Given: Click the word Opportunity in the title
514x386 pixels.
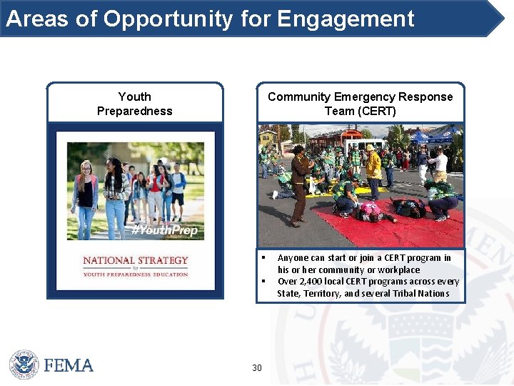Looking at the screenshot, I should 168,19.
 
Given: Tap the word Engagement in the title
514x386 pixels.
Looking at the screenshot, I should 346,19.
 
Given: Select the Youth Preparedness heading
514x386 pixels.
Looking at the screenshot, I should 134,104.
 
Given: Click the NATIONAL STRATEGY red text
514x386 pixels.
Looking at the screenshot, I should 135,261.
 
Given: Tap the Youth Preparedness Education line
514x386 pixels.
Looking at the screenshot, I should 135,274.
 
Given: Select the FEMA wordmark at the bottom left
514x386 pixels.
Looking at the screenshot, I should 69,365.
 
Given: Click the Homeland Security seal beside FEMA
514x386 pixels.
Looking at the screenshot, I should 24,365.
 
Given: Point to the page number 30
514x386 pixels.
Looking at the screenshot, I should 257,368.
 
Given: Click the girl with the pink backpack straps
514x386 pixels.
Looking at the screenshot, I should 86,193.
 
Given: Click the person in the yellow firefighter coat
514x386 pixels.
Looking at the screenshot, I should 373,169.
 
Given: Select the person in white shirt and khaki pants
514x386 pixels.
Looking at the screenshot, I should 440,165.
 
